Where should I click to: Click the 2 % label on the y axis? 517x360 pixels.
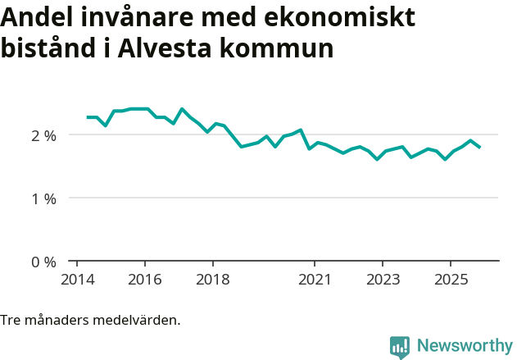(x=43, y=135)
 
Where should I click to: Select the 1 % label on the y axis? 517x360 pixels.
(x=43, y=198)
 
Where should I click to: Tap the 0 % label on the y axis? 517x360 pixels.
(x=43, y=262)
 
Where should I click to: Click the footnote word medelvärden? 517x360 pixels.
(x=137, y=320)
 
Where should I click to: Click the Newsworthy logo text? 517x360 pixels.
(x=464, y=346)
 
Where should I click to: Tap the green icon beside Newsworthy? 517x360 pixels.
(x=400, y=347)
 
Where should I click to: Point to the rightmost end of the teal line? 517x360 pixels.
(x=480, y=147)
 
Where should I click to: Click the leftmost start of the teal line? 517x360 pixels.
(x=88, y=117)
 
